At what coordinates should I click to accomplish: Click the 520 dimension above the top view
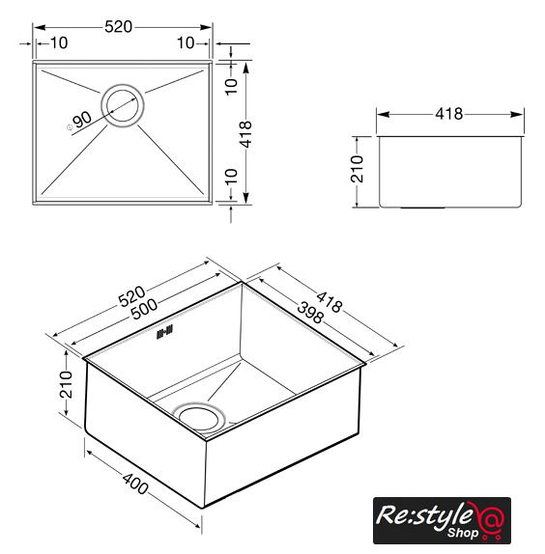[119, 27]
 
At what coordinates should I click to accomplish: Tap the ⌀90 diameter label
[79, 122]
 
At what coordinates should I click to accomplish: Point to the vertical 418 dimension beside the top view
[245, 134]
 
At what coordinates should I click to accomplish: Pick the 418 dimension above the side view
[448, 114]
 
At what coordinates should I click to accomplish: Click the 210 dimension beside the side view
[357, 169]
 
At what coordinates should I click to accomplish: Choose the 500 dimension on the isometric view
[144, 309]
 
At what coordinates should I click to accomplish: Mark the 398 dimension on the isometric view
[310, 313]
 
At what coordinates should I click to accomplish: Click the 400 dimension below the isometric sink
[135, 484]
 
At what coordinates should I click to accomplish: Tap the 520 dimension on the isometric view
[131, 296]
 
